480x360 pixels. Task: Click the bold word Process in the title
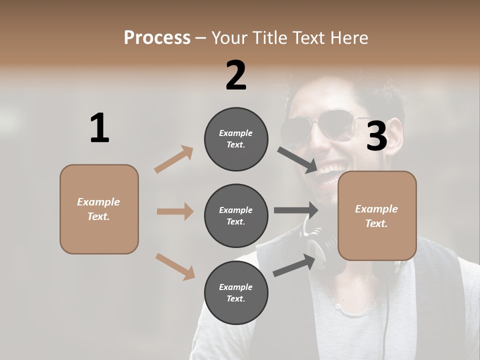pos(157,37)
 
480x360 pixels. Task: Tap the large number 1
pos(99,128)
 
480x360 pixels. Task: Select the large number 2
pos(236,75)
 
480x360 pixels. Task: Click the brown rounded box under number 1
pos(99,209)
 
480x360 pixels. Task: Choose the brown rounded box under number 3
pos(377,215)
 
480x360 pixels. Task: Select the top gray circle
pos(236,139)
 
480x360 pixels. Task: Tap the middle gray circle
pos(236,216)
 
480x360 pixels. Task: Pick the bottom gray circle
pos(236,293)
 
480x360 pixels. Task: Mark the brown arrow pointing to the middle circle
pos(175,211)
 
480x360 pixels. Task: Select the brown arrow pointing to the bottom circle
pos(175,266)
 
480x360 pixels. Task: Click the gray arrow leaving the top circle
pos(297,160)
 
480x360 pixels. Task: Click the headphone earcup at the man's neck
pos(325,250)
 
